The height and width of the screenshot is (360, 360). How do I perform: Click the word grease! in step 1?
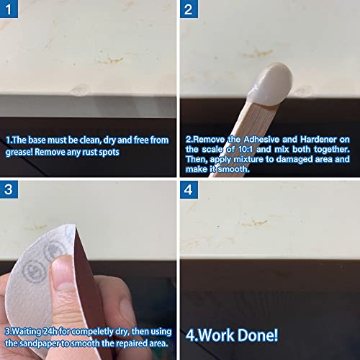pyautogui.click(x=22, y=153)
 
